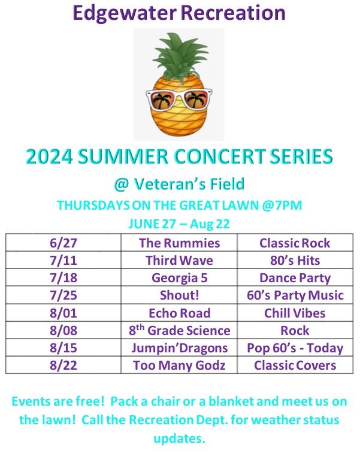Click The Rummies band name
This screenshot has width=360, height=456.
click(x=179, y=243)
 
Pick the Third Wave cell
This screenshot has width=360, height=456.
click(x=179, y=261)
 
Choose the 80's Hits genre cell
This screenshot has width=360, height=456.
click(x=295, y=261)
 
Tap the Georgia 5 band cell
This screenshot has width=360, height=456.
click(x=179, y=278)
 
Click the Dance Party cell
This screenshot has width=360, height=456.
click(x=295, y=278)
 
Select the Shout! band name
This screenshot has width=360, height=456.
click(x=179, y=295)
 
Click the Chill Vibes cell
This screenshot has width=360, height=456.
click(x=295, y=313)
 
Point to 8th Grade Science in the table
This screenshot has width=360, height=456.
click(x=180, y=330)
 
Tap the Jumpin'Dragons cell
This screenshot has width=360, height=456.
click(x=179, y=348)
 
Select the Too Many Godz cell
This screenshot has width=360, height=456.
click(x=179, y=365)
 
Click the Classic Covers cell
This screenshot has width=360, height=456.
click(x=295, y=365)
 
